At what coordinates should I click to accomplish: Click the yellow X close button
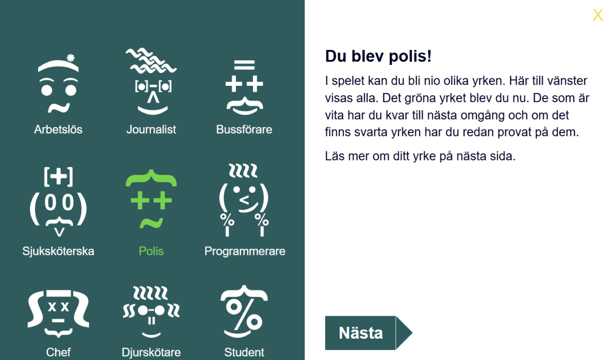point(598,15)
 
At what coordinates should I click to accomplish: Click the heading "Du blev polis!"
point(378,56)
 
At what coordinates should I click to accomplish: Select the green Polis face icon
point(151,199)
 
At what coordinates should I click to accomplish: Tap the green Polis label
point(151,251)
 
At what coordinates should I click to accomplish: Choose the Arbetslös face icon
point(58,84)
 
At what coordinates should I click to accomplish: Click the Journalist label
point(151,129)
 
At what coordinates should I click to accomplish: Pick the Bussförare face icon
point(244,87)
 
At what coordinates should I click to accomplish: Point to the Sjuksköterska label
point(58,251)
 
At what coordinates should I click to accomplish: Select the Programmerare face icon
point(244,200)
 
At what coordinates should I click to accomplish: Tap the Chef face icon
point(58,313)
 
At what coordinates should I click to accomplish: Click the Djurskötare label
point(151,352)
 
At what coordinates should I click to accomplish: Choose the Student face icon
point(244,311)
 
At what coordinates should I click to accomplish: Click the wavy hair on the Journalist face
point(151,60)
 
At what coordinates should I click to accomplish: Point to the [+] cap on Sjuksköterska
point(58,177)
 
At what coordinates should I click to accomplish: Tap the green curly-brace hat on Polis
point(151,178)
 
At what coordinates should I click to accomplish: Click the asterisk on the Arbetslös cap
point(70,58)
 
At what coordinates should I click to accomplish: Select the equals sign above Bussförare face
point(244,64)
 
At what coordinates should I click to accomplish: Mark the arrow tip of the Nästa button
point(412,333)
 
